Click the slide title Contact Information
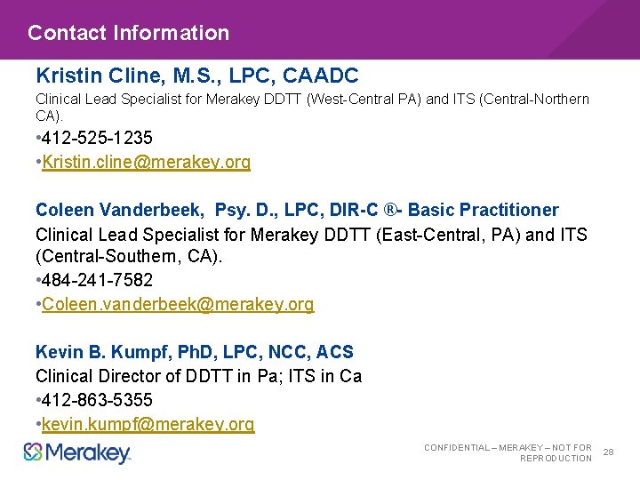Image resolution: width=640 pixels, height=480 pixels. tap(128, 33)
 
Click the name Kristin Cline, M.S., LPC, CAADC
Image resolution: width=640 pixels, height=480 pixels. tap(196, 76)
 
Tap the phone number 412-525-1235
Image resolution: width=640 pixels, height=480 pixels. tap(97, 138)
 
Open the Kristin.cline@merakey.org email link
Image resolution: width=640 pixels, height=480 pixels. tap(146, 162)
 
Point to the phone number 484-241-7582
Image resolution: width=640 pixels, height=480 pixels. tap(97, 281)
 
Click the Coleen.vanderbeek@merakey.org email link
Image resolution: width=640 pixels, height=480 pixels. tap(178, 305)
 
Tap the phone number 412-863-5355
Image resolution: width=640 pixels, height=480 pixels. tap(97, 401)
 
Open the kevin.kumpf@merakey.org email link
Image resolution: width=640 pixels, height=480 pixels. tap(148, 425)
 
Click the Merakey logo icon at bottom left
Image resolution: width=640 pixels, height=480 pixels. tap(33, 452)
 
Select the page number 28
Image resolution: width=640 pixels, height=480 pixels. tap(609, 452)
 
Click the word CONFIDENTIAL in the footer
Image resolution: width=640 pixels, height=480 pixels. tap(456, 448)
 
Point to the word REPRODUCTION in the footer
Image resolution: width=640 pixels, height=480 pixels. tap(556, 459)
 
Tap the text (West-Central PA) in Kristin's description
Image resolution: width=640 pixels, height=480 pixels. tap(364, 100)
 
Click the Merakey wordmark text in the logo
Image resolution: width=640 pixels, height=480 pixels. tap(88, 453)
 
